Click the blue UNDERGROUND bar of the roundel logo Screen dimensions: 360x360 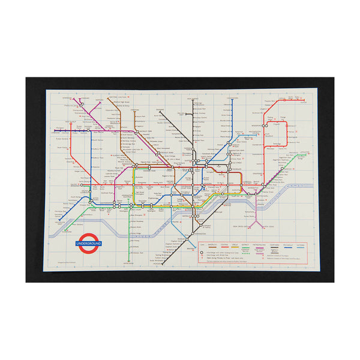[x=88, y=244]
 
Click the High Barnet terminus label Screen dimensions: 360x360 [x=193, y=98]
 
